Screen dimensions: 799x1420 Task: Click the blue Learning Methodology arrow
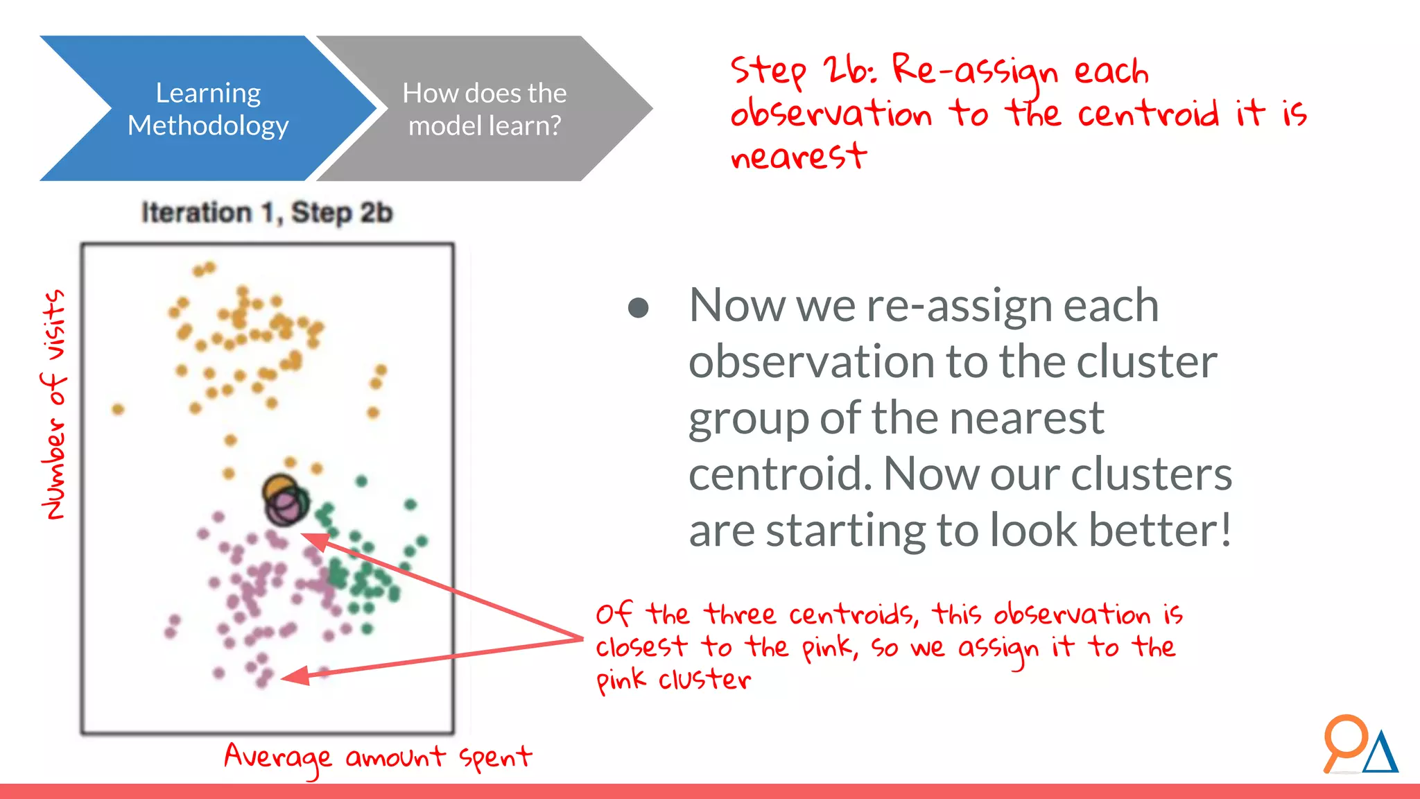(208, 109)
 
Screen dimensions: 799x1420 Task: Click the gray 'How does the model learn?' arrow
(485, 109)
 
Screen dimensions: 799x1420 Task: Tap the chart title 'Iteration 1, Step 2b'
(267, 212)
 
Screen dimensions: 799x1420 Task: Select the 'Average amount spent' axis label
(378, 757)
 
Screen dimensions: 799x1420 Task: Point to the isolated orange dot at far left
(118, 409)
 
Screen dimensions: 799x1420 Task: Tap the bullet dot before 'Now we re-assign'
(638, 307)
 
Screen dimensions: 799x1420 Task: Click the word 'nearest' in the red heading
(798, 156)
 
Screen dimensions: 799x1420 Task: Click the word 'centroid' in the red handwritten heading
(1148, 114)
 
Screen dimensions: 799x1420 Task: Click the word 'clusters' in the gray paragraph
(1151, 474)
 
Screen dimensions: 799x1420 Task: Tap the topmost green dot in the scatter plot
(361, 481)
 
